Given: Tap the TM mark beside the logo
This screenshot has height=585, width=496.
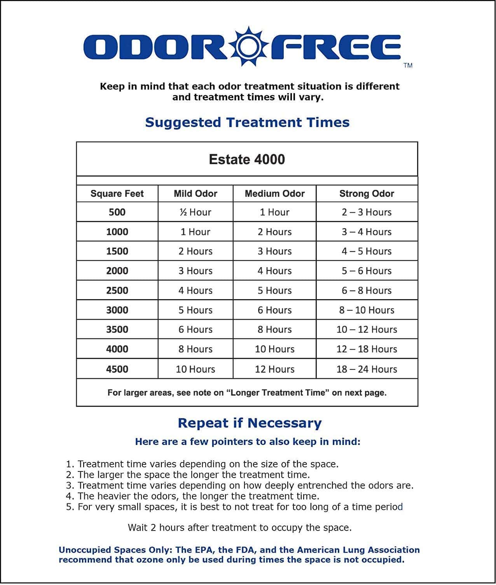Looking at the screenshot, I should [408, 65].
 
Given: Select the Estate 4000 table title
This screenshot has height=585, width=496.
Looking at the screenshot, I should [247, 159].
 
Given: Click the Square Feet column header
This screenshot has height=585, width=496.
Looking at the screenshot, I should [117, 194].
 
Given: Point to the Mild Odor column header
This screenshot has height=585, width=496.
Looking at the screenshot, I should [196, 194].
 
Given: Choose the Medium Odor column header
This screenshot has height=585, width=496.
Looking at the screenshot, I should [274, 194].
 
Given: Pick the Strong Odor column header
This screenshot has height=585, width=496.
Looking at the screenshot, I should [367, 194].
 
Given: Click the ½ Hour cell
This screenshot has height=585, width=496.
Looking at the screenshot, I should [196, 212].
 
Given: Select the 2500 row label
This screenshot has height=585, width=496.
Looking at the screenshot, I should [117, 291].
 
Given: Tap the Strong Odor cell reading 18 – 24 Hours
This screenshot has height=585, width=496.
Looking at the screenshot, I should [367, 369].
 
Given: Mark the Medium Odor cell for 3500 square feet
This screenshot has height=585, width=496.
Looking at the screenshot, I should [274, 329].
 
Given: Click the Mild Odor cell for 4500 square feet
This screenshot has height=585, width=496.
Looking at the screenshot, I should [196, 369].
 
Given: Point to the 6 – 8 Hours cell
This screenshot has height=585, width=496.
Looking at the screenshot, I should [367, 291].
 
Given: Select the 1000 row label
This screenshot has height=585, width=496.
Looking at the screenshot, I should [117, 232].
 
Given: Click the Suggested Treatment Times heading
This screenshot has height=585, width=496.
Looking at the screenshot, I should [247, 123].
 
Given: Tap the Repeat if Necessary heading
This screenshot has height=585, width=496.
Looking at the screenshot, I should [250, 423].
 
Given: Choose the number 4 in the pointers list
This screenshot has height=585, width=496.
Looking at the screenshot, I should [69, 496].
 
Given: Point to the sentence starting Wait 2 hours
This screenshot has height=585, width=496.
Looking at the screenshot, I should [239, 528].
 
